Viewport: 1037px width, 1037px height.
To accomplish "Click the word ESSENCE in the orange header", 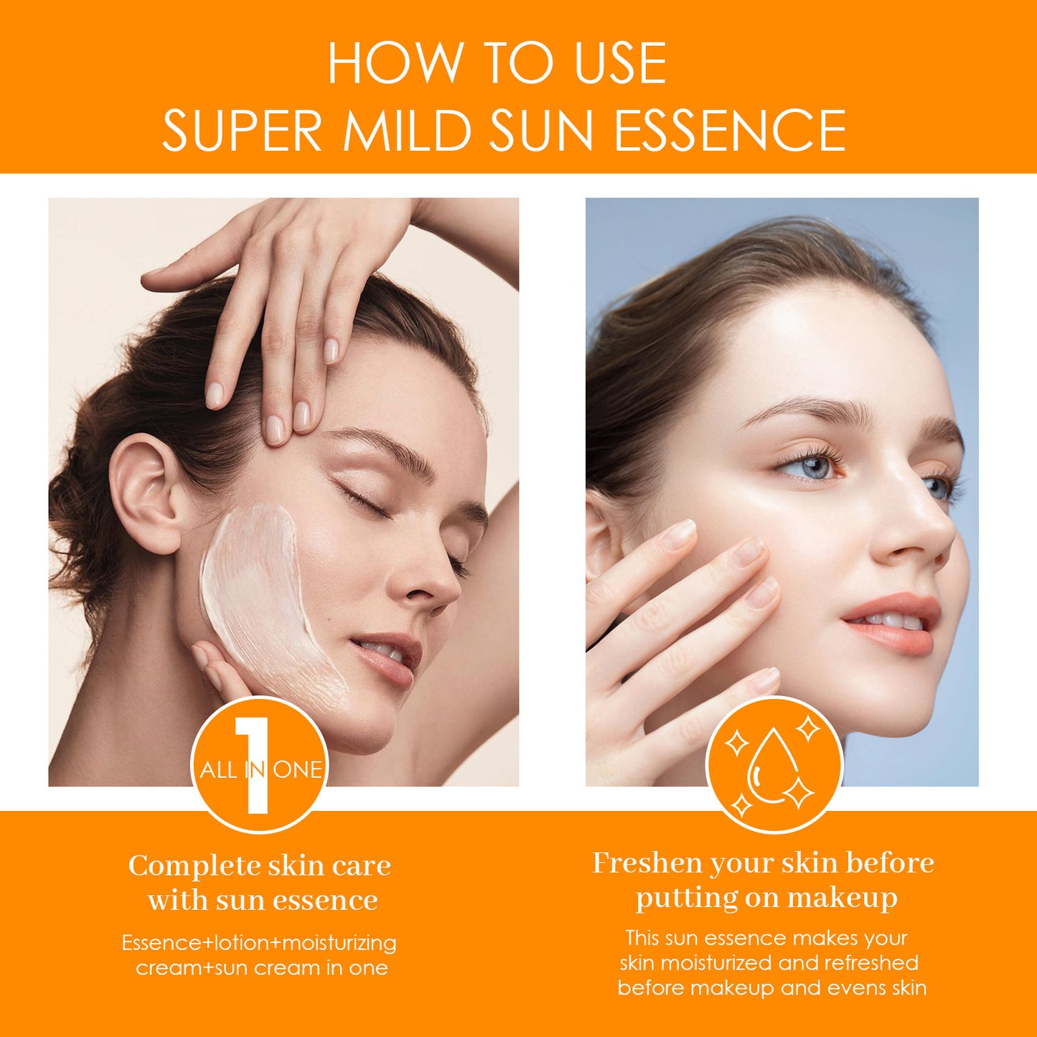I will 730,131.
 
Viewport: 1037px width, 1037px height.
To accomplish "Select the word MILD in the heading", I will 407,131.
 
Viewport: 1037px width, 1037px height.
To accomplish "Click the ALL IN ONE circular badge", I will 259,765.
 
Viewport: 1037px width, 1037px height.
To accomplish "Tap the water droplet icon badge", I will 774,765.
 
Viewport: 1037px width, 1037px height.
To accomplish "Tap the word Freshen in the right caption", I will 647,863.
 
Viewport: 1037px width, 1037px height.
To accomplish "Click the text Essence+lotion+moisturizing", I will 259,942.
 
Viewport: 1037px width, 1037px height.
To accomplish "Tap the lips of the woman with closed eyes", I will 391,657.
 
